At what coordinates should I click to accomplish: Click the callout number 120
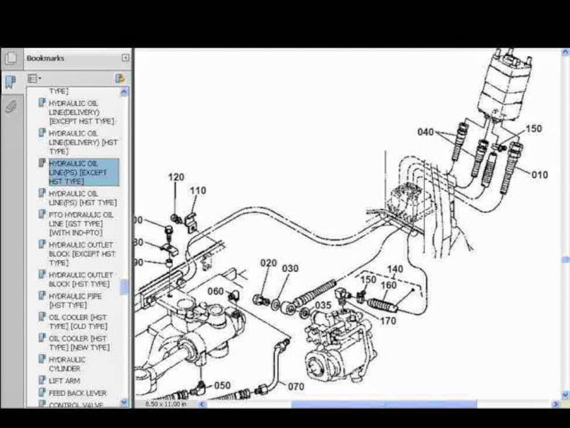[176, 177]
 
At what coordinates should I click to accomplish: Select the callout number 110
[197, 191]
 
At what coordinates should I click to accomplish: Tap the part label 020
[268, 263]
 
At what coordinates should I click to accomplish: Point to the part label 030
[290, 269]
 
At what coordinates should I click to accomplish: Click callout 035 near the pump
[323, 305]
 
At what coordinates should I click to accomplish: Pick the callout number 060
[215, 291]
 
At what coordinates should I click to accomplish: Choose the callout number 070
[296, 386]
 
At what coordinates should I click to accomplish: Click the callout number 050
[222, 385]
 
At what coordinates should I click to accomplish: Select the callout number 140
[395, 269]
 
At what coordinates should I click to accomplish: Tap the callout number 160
[388, 285]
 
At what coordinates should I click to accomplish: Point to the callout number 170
[388, 321]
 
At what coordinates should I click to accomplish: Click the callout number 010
[539, 175]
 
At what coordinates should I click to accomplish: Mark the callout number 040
[425, 132]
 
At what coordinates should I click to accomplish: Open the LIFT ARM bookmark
[64, 381]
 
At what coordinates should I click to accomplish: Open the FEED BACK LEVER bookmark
[77, 393]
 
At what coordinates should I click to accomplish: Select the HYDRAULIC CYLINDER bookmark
[67, 364]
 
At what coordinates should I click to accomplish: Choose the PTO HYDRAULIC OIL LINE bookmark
[80, 223]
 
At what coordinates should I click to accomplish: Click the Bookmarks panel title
[45, 58]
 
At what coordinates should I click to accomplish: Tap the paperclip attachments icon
[11, 106]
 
